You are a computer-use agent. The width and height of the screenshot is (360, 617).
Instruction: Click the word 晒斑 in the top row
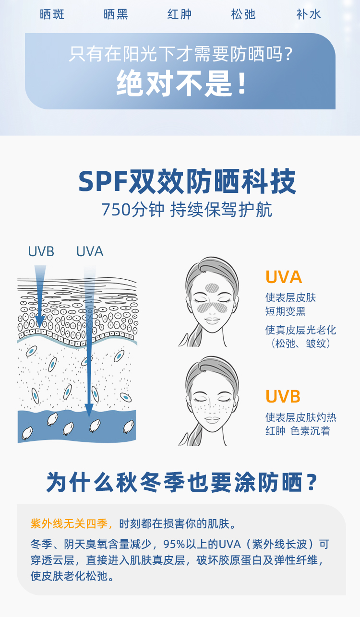point(52,14)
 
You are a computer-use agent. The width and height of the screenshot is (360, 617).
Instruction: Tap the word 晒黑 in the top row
point(116,14)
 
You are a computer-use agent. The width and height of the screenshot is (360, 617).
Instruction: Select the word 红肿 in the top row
point(180,14)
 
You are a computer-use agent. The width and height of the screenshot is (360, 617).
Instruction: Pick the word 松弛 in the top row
point(243,14)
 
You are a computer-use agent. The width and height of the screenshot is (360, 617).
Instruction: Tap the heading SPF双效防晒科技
point(187,181)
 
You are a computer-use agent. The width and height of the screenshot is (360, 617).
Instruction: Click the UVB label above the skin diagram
point(41,251)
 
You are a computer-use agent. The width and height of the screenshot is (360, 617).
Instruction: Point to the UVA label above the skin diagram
point(90,251)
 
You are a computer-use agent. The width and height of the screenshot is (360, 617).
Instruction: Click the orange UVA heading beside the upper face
point(284,277)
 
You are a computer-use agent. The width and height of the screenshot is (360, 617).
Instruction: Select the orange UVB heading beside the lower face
point(283,397)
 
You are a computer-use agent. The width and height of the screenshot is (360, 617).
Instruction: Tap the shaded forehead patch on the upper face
point(212,288)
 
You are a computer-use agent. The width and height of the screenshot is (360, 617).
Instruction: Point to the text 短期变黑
point(286,311)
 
